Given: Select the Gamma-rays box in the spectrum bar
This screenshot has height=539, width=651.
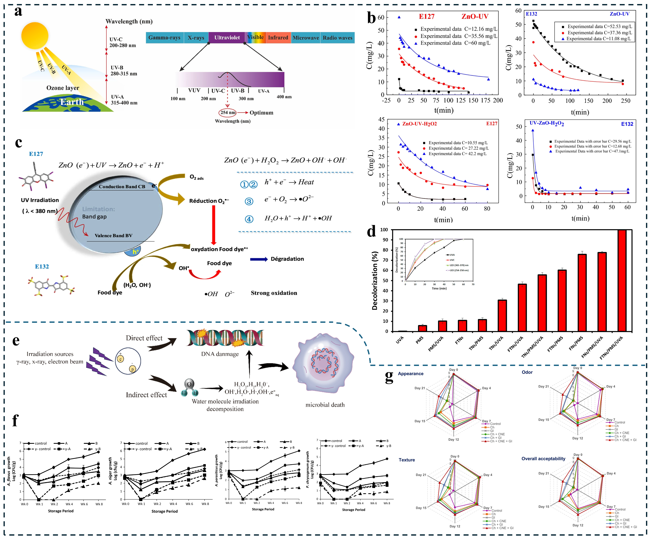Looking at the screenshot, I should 164,38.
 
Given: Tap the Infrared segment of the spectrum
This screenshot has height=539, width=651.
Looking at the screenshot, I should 278,38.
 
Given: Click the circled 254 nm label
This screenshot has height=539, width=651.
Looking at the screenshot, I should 228,113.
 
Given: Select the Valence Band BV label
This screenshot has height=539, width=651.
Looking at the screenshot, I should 114,235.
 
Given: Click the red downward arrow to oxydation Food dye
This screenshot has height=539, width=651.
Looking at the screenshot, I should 214,225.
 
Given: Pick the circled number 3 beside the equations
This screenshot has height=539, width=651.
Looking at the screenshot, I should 249,201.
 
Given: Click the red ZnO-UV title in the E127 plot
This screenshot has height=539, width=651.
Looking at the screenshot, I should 475,16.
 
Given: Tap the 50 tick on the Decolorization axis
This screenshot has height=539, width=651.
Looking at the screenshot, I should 385,280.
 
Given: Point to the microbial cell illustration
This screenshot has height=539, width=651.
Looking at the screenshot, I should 324,363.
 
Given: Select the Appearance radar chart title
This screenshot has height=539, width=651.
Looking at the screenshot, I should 410,373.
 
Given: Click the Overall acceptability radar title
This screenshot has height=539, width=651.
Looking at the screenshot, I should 543,458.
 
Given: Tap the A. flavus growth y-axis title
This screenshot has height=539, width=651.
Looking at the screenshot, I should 9,471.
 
